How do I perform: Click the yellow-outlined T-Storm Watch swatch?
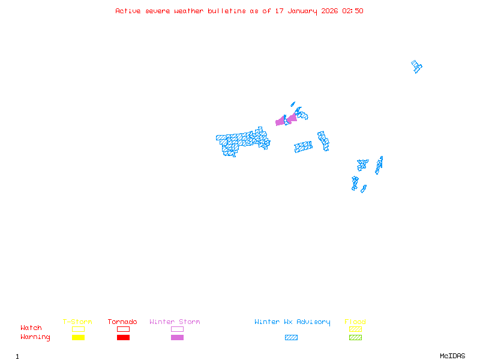[x=78, y=329]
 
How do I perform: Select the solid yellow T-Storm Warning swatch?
[x=78, y=337]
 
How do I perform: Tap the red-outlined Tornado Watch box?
[x=123, y=329]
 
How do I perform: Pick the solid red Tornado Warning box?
[x=123, y=337]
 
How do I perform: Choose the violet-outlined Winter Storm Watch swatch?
[x=177, y=329]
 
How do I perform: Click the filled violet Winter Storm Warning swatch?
[x=177, y=337]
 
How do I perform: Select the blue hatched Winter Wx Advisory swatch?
[x=291, y=337]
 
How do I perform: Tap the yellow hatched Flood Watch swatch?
[x=355, y=329]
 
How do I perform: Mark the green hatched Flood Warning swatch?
[x=355, y=337]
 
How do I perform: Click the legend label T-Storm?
[x=77, y=322]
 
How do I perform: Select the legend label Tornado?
[x=122, y=322]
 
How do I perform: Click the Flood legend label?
[x=355, y=322]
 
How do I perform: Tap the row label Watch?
[x=31, y=328]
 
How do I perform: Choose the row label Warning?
[x=35, y=337]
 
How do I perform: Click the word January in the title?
[x=301, y=11]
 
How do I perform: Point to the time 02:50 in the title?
[x=352, y=11]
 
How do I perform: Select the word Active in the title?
[x=128, y=11]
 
